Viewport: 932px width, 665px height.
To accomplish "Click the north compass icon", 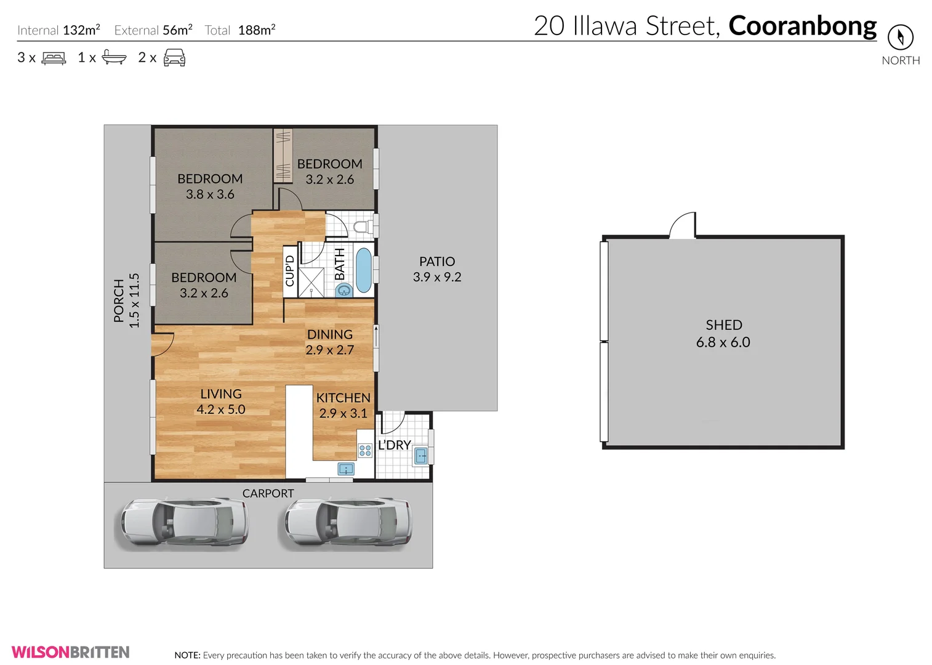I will (900, 38).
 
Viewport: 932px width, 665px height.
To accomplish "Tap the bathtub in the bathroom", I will (364, 270).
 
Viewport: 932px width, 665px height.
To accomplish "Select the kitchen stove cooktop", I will (365, 451).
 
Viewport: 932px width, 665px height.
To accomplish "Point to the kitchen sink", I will (346, 470).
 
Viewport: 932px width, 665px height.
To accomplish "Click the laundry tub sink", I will (421, 456).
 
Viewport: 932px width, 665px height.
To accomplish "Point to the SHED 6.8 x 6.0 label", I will (723, 334).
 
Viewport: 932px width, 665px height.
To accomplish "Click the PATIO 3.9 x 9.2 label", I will (437, 270).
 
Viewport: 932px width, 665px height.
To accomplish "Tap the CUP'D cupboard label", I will (290, 271).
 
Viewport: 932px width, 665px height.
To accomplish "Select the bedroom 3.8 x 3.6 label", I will (210, 187).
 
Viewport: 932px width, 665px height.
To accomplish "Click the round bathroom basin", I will (343, 290).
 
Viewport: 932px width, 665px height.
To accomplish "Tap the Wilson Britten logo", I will (70, 652).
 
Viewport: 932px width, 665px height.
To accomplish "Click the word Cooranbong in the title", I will (802, 26).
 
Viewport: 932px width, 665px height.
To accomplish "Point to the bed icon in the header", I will (54, 58).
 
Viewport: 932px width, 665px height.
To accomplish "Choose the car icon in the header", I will (174, 58).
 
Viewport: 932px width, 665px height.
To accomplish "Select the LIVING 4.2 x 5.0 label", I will (220, 401).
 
